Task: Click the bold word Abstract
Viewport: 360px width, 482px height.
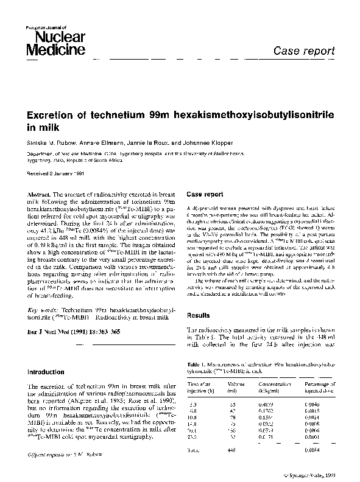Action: tap(40, 193)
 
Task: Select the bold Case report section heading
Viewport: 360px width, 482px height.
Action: tap(205, 194)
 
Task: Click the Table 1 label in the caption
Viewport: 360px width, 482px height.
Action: tap(195, 363)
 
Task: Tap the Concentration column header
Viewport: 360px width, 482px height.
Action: tap(274, 384)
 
